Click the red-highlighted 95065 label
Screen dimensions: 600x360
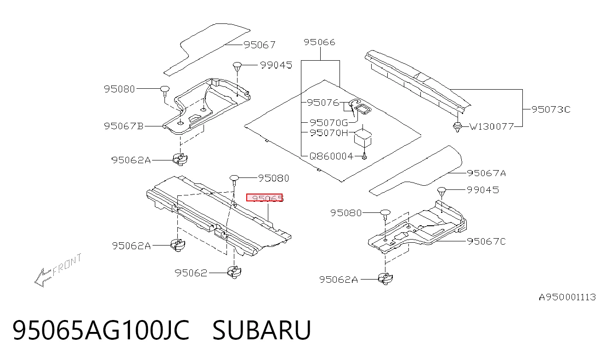pos(264,198)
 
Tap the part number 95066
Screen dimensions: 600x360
pos(319,42)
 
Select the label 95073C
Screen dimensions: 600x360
pos(551,109)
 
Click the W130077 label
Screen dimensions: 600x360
pos(492,126)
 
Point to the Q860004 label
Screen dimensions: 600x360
pos(331,156)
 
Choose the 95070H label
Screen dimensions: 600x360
pos(328,133)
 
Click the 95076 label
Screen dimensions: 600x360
pos(323,103)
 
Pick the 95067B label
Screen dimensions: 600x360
pos(124,126)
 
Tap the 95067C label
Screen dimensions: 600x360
pos(486,241)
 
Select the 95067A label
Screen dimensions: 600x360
pos(487,173)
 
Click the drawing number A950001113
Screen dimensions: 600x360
pos(567,297)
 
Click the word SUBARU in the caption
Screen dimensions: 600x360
pos(262,330)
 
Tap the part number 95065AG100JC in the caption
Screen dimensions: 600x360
pos(101,330)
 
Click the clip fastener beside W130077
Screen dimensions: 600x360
pos(458,127)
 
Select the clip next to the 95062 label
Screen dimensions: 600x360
pos(234,272)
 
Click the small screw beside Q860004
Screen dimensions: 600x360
pos(364,156)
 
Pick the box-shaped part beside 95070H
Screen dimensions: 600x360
pos(362,137)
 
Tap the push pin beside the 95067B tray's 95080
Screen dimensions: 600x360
pos(165,91)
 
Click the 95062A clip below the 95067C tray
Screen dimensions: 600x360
pos(385,279)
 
